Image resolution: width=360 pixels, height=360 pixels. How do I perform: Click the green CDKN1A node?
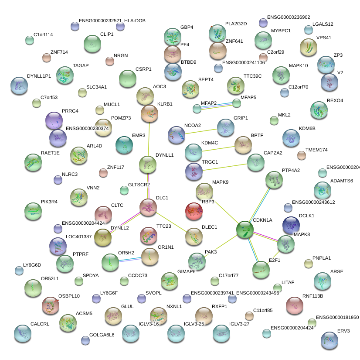click(x=245, y=230)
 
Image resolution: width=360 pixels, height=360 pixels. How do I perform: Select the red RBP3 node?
click(x=194, y=211)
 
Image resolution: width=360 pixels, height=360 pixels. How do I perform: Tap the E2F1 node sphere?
click(x=261, y=270)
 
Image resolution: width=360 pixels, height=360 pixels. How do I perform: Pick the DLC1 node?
click(x=148, y=207)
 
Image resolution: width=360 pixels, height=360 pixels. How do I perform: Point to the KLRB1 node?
click(x=149, y=113)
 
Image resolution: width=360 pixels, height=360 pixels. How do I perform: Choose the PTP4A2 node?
click(x=274, y=180)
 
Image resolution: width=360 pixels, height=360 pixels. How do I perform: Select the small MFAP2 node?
click(x=197, y=109)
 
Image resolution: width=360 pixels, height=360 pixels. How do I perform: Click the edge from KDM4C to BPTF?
click(x=218, y=149)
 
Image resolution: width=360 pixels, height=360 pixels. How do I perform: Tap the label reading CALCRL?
click(x=41, y=324)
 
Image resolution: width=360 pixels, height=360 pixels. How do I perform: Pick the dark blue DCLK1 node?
click(x=291, y=225)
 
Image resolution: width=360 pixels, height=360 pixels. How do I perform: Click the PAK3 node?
click(x=197, y=261)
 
